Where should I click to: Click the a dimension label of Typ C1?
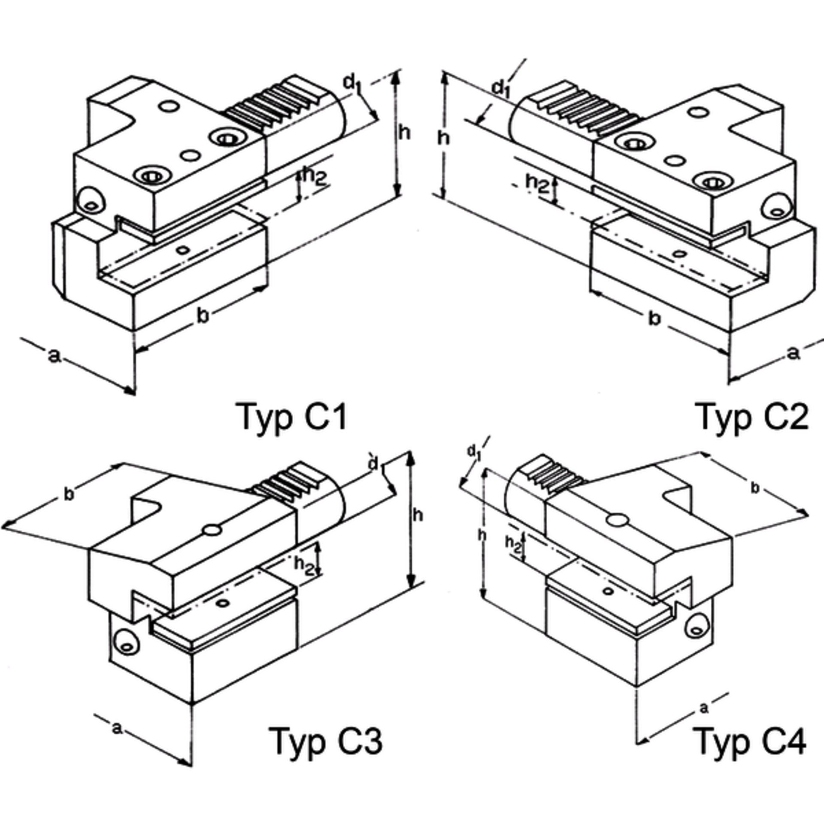[53, 355]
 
